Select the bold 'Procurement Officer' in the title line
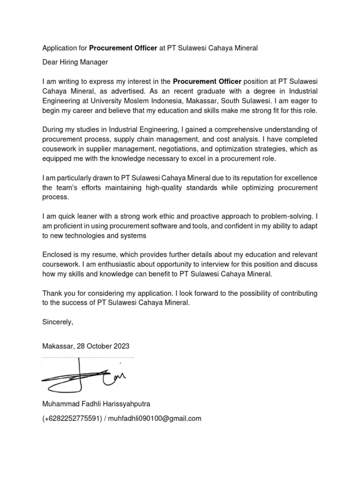pos(123,48)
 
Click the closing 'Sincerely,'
pos(58,322)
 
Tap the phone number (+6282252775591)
pos(72,419)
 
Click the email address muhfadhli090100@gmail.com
pos(155,419)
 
